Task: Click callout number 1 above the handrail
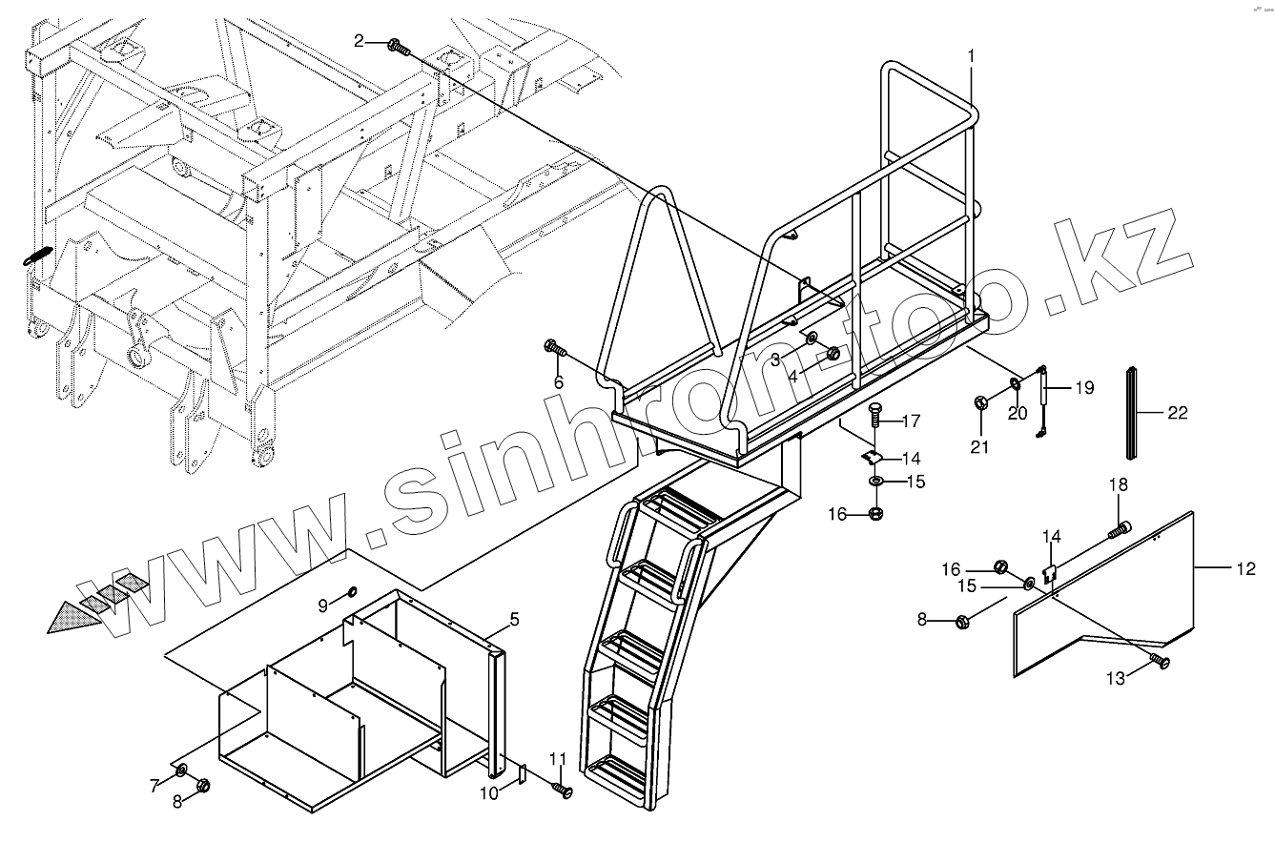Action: tap(971, 55)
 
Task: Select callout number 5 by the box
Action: tap(514, 620)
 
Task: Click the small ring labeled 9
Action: tap(351, 592)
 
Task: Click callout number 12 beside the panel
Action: tap(1245, 569)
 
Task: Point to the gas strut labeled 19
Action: tap(1041, 401)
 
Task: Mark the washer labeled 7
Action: tap(180, 770)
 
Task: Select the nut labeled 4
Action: tap(833, 354)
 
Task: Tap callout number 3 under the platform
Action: tap(775, 359)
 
